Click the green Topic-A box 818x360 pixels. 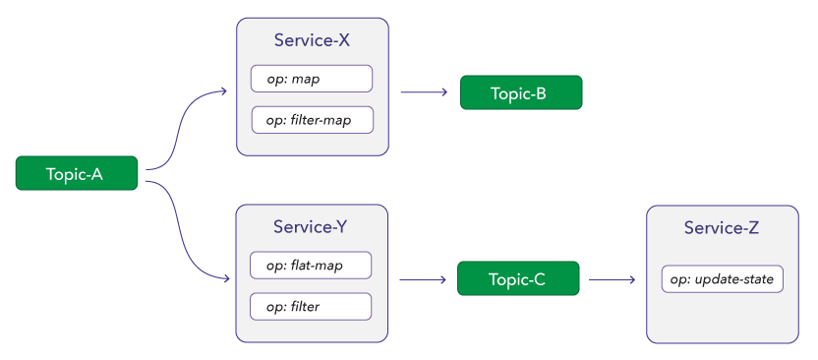pos(76,174)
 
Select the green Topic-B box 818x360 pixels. pos(521,93)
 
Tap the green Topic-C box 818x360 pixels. pos(518,279)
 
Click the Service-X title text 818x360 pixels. pos(313,43)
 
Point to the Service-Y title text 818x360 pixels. pos(313,229)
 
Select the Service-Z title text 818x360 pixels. pos(722,229)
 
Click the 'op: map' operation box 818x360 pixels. pos(312,79)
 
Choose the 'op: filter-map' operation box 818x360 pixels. pos(312,120)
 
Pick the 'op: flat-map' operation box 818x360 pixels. pos(311,266)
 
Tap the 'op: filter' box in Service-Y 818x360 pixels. pos(311,307)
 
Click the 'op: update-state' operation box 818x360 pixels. pos(723,279)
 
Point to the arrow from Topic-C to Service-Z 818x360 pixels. pos(611,279)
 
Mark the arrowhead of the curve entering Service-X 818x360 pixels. pos(224,93)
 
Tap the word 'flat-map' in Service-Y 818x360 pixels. pos(317,266)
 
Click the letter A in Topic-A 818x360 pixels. pos(97,174)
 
